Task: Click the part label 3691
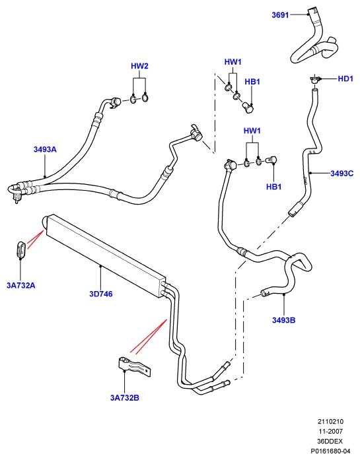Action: pos(280,15)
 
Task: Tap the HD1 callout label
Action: pos(345,79)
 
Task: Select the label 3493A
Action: pos(45,149)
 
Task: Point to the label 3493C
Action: pos(342,174)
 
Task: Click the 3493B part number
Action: pos(283,320)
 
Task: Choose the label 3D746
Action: pos(100,294)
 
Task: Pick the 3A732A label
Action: pos(21,285)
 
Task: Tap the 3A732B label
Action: pos(124,398)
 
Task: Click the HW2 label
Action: pos(139,66)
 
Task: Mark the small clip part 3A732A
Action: pos(21,250)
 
